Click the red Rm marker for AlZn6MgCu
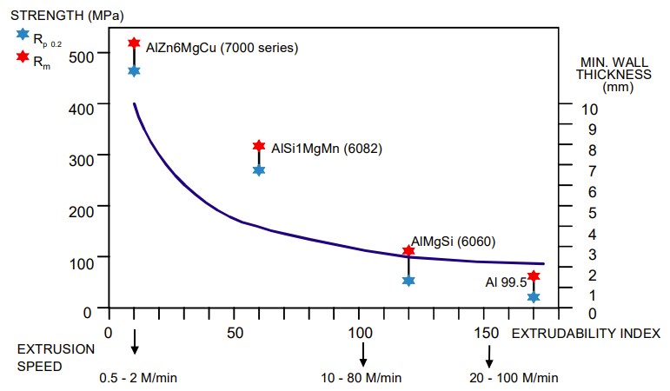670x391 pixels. [134, 43]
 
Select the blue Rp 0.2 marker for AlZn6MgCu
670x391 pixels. [134, 70]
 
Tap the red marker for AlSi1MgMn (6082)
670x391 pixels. [258, 146]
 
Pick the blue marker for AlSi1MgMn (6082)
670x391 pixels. [258, 169]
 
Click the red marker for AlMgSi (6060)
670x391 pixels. [408, 250]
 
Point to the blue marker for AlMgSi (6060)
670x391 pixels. [408, 280]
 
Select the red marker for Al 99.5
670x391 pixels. [534, 276]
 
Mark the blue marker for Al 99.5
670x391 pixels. [534, 297]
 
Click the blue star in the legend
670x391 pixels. [22, 34]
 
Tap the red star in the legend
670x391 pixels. [22, 57]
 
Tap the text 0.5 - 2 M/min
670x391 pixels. [139, 377]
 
